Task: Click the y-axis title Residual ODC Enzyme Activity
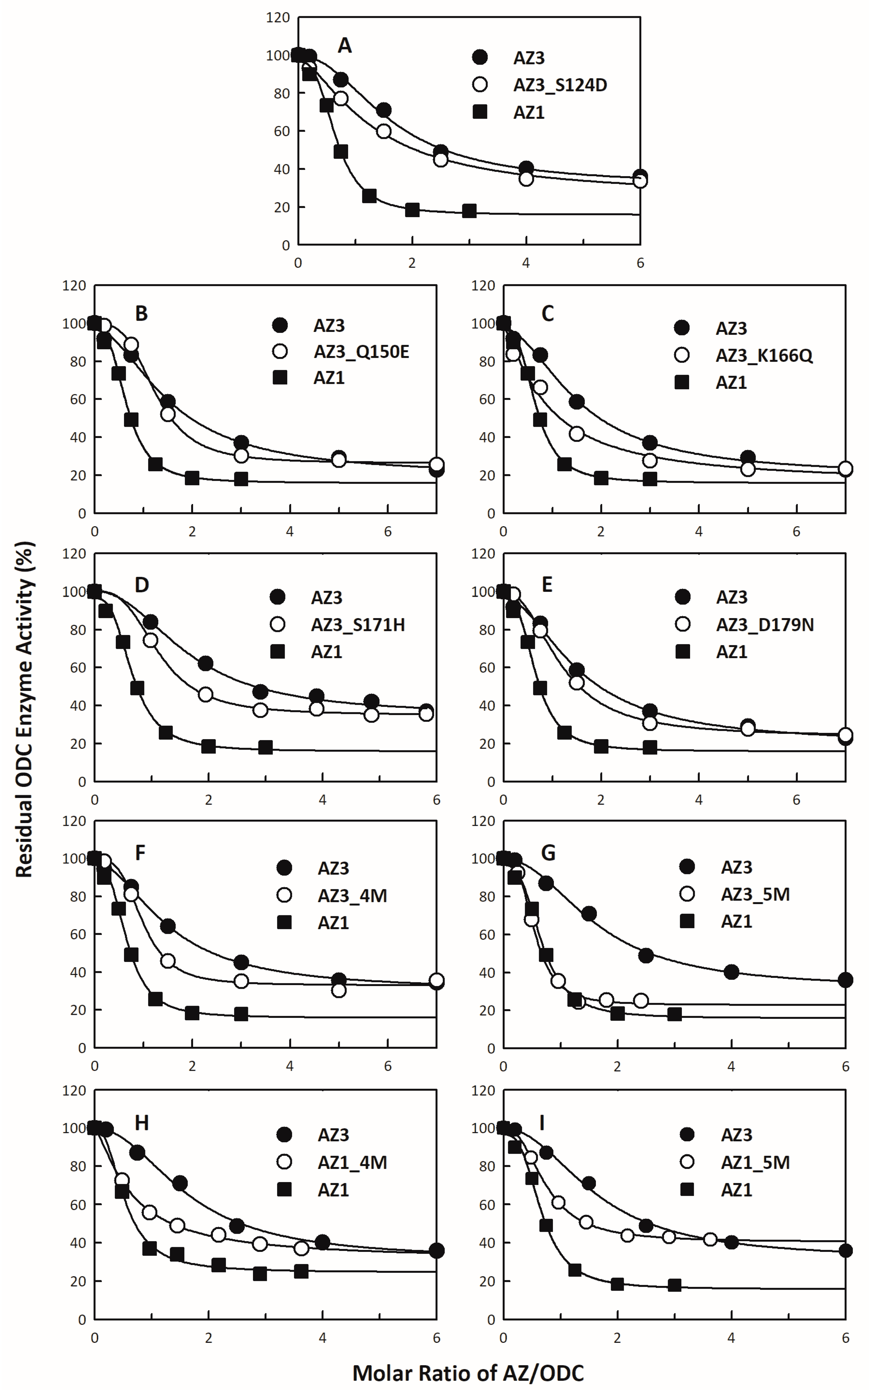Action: tap(24, 710)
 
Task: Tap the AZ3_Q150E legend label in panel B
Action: tap(361, 352)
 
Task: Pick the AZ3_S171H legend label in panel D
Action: tap(358, 625)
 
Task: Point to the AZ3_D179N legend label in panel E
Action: tap(764, 625)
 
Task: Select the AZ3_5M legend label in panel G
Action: tap(755, 894)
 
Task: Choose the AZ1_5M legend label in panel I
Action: tap(755, 1162)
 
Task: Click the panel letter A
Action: tap(344, 45)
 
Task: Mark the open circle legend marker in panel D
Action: tap(278, 625)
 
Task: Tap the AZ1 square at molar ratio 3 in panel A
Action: tap(469, 211)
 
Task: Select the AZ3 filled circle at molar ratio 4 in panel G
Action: tap(731, 972)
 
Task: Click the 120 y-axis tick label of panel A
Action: tap(278, 18)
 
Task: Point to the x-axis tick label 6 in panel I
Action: tap(845, 1338)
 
